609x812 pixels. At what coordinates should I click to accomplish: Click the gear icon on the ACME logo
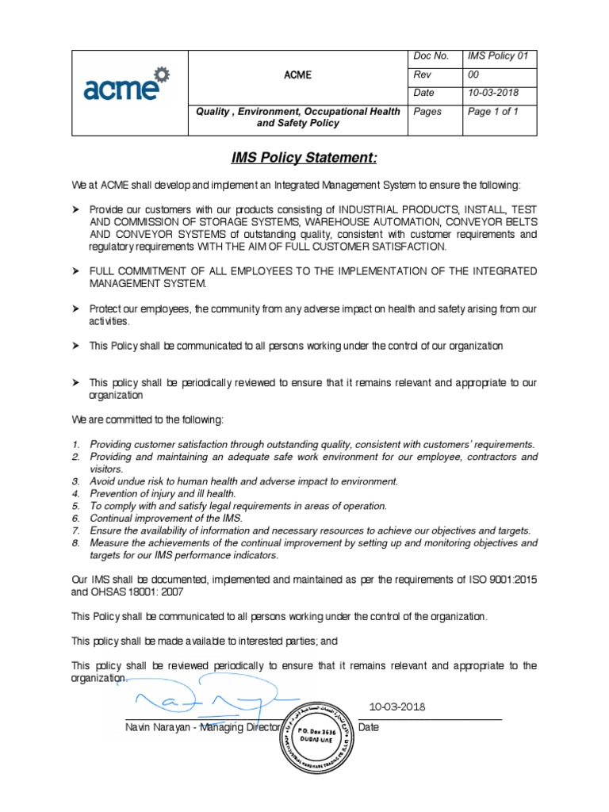point(162,75)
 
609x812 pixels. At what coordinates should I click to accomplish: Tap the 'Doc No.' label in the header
point(432,56)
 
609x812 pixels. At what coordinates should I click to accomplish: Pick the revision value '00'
point(475,75)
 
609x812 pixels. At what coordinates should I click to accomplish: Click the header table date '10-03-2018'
point(493,93)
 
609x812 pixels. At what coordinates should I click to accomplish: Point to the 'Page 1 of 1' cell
point(493,112)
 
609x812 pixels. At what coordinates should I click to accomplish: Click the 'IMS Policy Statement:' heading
point(304,159)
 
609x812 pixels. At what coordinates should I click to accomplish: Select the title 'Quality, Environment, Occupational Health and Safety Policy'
point(298,117)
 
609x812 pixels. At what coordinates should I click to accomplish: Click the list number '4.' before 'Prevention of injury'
point(76,493)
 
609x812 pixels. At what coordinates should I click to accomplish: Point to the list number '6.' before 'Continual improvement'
point(76,518)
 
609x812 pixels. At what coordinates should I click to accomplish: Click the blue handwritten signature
point(206,699)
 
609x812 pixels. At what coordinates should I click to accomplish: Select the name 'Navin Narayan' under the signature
point(159,727)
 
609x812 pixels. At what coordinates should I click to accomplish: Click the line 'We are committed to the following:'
point(147,419)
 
